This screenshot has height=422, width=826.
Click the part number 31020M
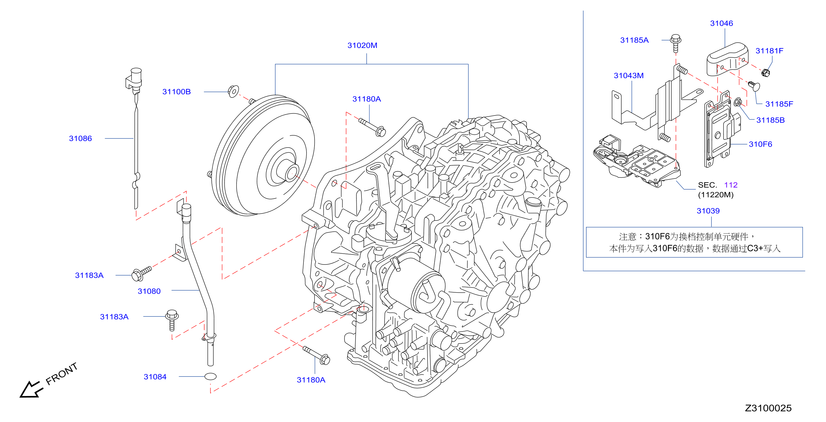tap(362, 45)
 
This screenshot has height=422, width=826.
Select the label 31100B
tap(176, 92)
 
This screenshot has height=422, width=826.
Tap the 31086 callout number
tap(80, 138)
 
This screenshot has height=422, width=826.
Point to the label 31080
tap(149, 291)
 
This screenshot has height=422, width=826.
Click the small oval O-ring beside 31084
tap(210, 376)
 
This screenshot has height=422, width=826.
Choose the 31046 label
tap(722, 23)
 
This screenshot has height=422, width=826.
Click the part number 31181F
tap(769, 51)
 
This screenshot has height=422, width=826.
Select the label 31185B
tap(770, 120)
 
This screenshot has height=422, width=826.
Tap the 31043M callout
tap(628, 76)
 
